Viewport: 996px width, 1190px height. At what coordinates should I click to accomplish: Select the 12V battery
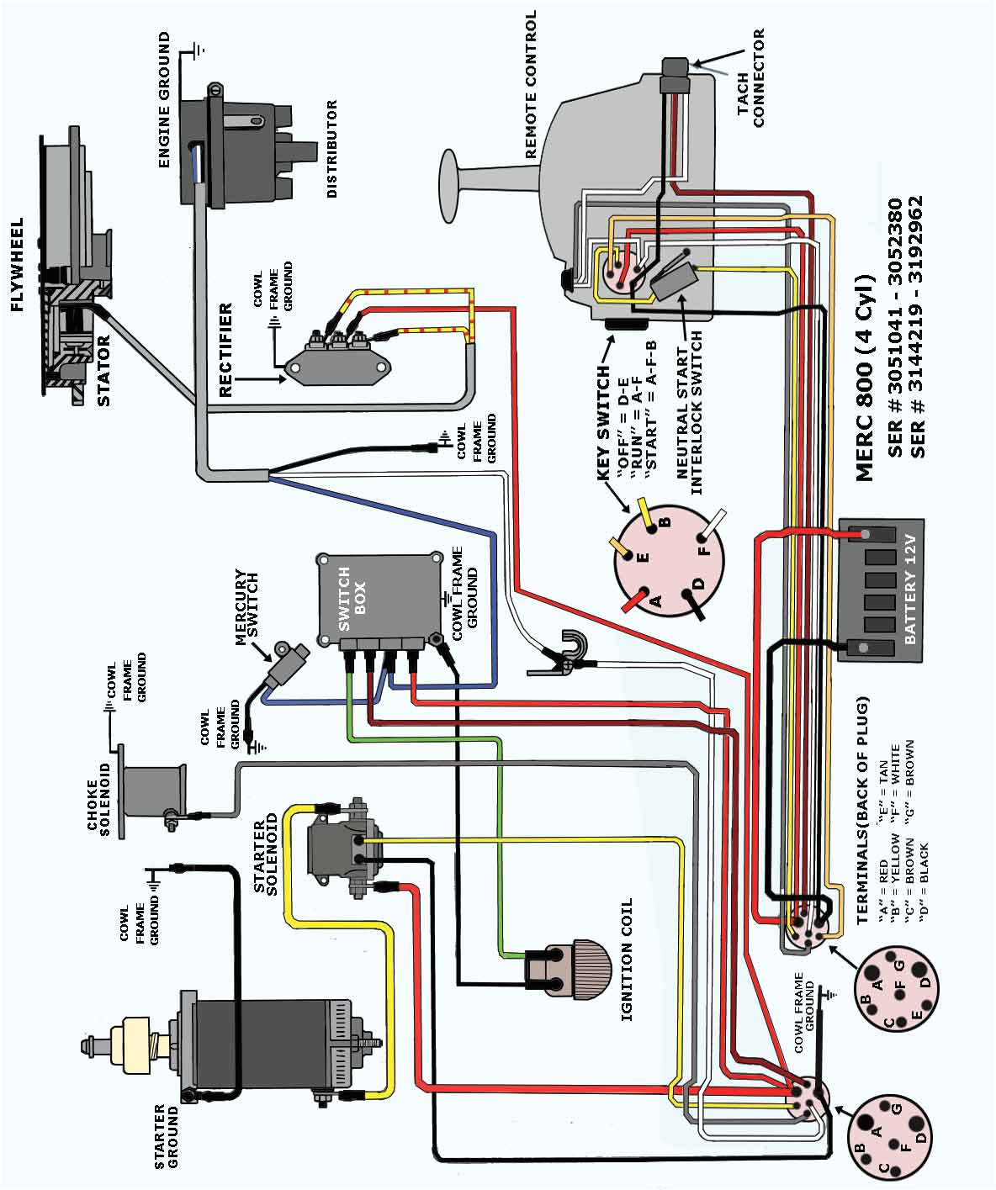pos(880,590)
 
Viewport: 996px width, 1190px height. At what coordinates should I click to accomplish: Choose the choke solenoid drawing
pos(153,791)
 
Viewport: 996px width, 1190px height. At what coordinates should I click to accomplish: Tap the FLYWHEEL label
pos(16,265)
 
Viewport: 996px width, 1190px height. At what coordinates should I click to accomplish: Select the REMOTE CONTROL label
pos(531,84)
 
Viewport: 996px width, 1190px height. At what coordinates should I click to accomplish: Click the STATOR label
pos(103,371)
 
